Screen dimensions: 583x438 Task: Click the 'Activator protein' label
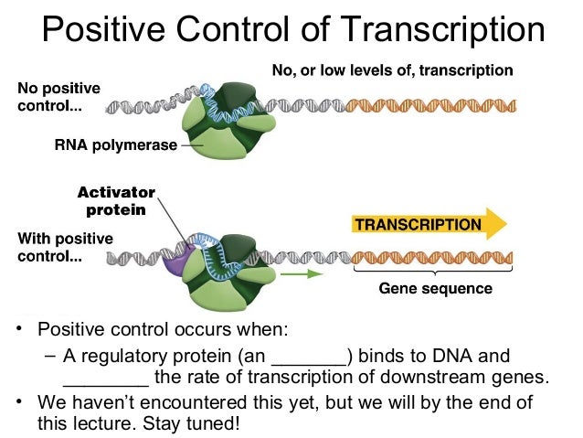(116, 201)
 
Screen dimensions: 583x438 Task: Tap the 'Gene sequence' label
(435, 289)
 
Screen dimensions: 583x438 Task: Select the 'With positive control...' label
(64, 247)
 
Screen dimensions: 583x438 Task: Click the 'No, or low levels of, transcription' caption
(393, 69)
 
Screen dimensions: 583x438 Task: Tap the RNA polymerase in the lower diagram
(228, 274)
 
